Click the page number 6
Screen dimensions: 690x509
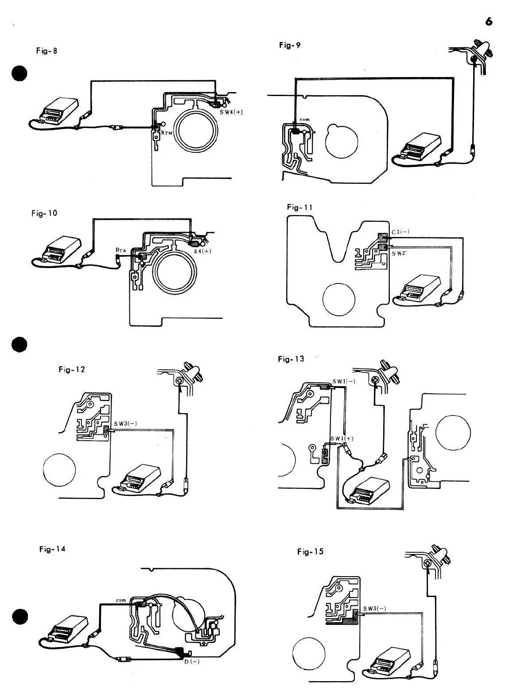pos(489,21)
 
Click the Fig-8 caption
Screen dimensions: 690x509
pos(47,50)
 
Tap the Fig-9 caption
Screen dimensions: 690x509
pos(290,45)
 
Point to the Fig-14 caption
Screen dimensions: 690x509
pos(52,549)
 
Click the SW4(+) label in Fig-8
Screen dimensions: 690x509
pos(231,112)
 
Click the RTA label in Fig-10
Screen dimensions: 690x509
pos(120,250)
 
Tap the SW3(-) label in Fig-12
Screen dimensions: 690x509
pos(124,423)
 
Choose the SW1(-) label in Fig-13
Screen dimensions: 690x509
pos(344,381)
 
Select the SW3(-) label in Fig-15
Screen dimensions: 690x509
pos(374,608)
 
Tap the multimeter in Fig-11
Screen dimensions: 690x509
pos(419,288)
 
